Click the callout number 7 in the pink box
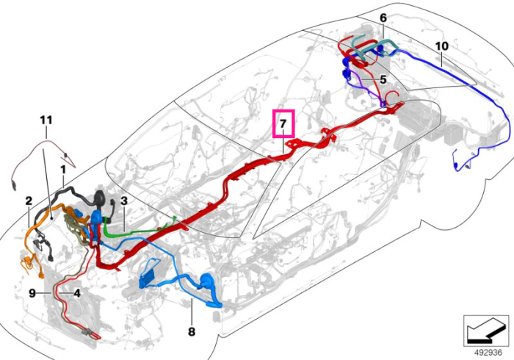pos(283,124)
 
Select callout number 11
pos(46,120)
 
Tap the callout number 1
pos(63,170)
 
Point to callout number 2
pos(29,201)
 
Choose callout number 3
pos(123,201)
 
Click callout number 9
pos(32,293)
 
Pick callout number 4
pos(77,293)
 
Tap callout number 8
pos(192,331)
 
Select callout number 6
pos(383,18)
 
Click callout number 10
pos(441,46)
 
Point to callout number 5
pos(383,79)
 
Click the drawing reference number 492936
pos(488,353)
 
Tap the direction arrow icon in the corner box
pos(486,331)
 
